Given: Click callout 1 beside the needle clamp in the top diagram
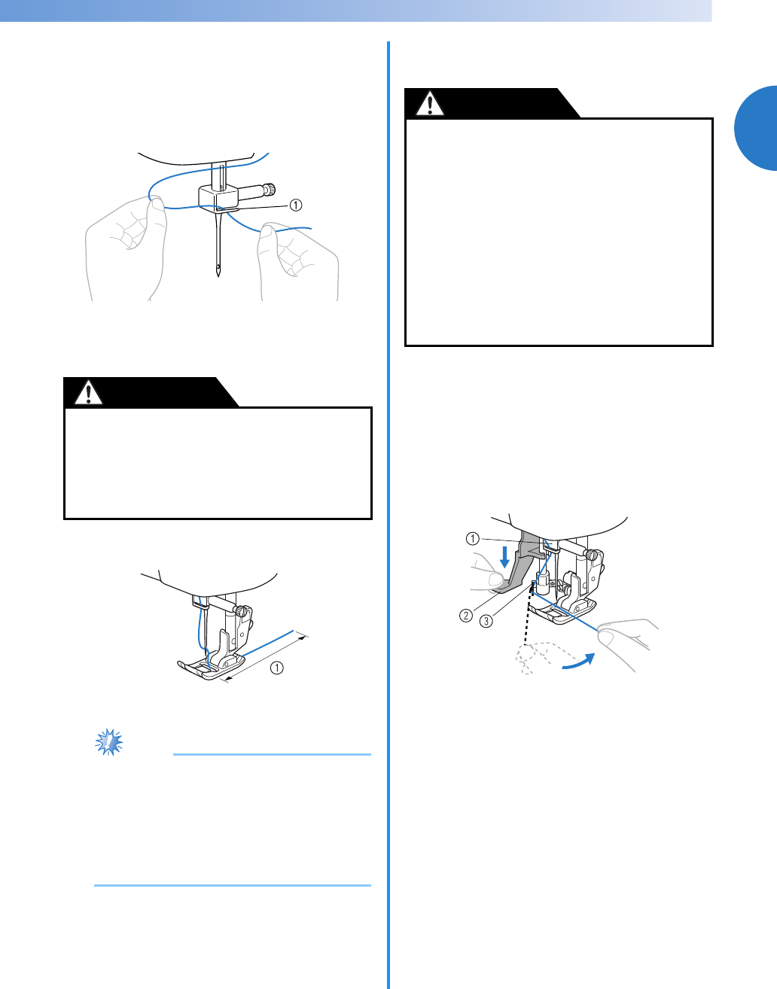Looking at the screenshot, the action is point(296,205).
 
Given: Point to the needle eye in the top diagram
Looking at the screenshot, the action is point(219,266).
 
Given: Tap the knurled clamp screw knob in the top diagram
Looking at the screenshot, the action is point(271,188).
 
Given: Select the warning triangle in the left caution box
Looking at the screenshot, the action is point(88,393).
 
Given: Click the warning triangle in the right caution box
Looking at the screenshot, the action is point(430,104).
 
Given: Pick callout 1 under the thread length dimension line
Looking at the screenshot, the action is point(277,668).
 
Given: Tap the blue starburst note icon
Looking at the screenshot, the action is point(108,742).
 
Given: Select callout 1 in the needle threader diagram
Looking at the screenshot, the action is point(473,539).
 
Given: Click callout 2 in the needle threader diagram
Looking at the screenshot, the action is point(465,616).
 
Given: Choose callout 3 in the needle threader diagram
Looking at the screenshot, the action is point(486,621).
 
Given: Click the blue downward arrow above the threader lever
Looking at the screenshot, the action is point(504,557).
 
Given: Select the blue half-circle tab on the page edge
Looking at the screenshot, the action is point(757,128).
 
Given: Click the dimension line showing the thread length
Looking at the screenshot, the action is point(267,658).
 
